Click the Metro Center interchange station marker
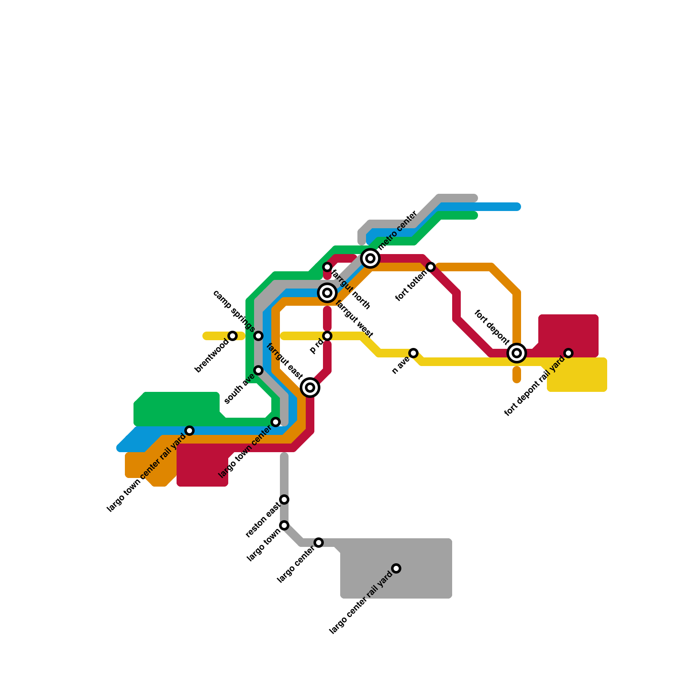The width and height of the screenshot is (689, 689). pyautogui.click(x=370, y=258)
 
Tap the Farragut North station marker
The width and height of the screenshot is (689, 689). pyautogui.click(x=327, y=267)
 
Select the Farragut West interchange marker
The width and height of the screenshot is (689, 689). pyautogui.click(x=327, y=293)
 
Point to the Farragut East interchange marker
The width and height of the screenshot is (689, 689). pyautogui.click(x=310, y=388)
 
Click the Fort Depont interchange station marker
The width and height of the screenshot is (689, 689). pyautogui.click(x=517, y=353)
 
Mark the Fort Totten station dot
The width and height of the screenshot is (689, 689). pyautogui.click(x=431, y=267)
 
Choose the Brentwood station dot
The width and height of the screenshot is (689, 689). pyautogui.click(x=233, y=336)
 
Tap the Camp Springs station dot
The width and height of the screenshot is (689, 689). pyautogui.click(x=258, y=336)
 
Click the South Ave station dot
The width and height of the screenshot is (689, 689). pyautogui.click(x=258, y=370)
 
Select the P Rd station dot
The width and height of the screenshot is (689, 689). pyautogui.click(x=327, y=336)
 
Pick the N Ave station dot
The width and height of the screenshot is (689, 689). pyautogui.click(x=413, y=353)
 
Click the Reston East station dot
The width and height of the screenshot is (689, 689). pyautogui.click(x=284, y=500)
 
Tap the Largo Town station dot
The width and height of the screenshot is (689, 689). pyautogui.click(x=284, y=525)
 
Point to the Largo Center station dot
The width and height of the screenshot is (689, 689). pyautogui.click(x=319, y=543)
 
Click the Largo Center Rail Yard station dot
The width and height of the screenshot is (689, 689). pyautogui.click(x=396, y=568)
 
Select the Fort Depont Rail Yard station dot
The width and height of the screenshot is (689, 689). pyautogui.click(x=568, y=353)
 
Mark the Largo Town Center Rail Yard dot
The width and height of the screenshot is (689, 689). pyautogui.click(x=189, y=431)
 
